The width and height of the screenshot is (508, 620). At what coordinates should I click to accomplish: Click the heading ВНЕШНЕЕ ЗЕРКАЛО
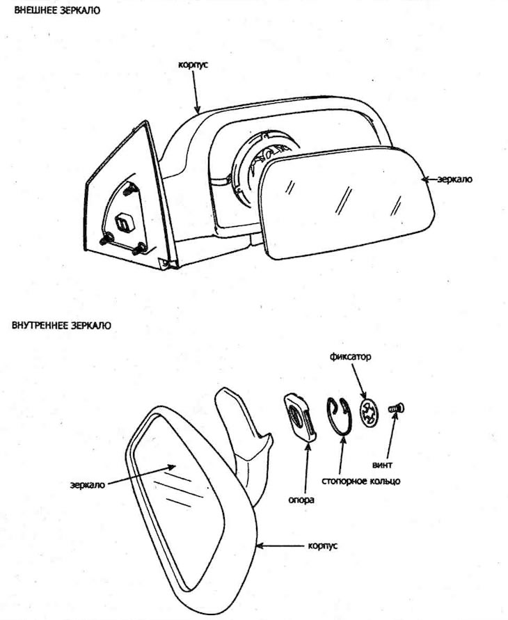[57, 10]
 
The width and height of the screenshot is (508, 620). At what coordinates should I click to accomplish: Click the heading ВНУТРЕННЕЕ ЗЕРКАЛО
[62, 326]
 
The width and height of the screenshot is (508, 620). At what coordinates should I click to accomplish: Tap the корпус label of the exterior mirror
[193, 65]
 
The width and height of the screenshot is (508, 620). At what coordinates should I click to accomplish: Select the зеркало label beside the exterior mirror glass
[454, 180]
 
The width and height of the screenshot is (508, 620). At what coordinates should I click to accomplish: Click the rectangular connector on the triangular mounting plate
[125, 223]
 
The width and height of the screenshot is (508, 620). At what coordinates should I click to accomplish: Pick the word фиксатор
[350, 357]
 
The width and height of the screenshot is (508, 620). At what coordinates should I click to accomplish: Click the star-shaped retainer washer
[370, 413]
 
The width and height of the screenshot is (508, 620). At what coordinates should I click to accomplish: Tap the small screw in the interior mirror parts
[397, 408]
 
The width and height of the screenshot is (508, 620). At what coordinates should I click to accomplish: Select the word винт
[382, 465]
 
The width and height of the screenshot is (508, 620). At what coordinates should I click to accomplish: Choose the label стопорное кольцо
[360, 482]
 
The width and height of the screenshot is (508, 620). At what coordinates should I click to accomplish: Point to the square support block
[300, 417]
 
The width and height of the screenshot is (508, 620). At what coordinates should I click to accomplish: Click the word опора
[301, 500]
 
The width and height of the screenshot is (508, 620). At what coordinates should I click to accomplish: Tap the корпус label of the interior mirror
[323, 546]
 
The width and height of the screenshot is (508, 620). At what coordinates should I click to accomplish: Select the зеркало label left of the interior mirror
[88, 485]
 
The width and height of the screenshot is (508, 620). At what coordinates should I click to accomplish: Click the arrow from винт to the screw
[390, 436]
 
